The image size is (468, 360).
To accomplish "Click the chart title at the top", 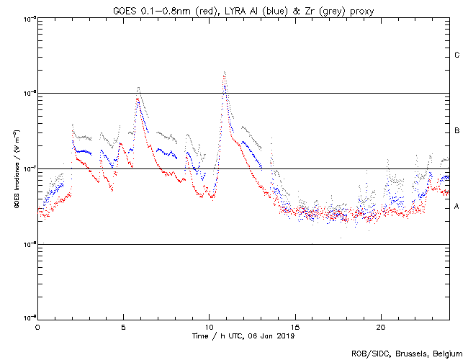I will pyautogui.click(x=243, y=9).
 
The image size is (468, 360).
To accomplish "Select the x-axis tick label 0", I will pyautogui.click(x=37, y=327).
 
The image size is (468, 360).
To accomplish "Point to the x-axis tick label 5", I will pyautogui.click(x=123, y=327).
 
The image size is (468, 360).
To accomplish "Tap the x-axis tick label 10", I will pyautogui.click(x=209, y=327).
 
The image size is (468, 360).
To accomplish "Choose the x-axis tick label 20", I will pyautogui.click(x=381, y=327).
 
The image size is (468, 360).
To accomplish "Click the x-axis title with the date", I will pyautogui.click(x=243, y=336).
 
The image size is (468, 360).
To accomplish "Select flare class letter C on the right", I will pyautogui.click(x=457, y=55).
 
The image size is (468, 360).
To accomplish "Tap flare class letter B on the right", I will pyautogui.click(x=457, y=131).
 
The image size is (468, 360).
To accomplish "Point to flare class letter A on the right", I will pyautogui.click(x=457, y=207).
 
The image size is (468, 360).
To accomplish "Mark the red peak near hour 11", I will pyautogui.click(x=225, y=72).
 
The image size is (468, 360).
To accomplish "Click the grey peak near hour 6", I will pyautogui.click(x=138, y=88).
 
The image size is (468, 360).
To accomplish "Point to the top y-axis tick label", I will pyautogui.click(x=29, y=18).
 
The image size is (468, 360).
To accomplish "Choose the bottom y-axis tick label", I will pyautogui.click(x=29, y=319).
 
